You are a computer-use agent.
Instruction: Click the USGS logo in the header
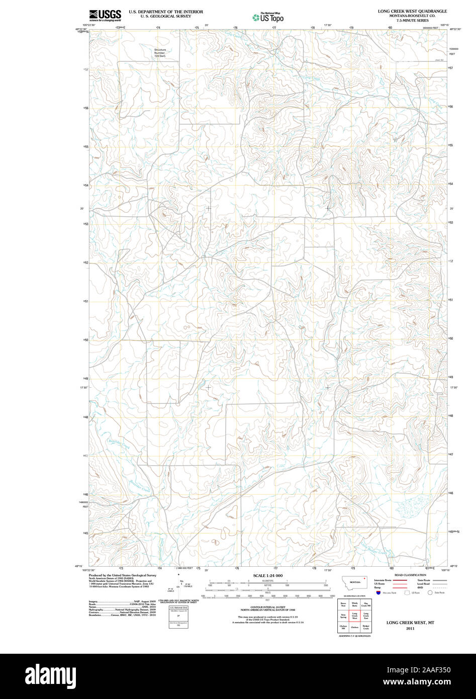(105, 15)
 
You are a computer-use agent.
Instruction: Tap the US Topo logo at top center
(268, 18)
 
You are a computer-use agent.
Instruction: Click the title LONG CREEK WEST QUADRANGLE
(412, 11)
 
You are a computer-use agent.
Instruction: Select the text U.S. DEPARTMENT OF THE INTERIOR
(166, 11)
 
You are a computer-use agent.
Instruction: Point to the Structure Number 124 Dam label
(160, 53)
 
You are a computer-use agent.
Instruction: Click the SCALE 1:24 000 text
(268, 575)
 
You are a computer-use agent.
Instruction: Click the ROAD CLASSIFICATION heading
(410, 575)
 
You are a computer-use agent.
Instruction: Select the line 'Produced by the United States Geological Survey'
(122, 575)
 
